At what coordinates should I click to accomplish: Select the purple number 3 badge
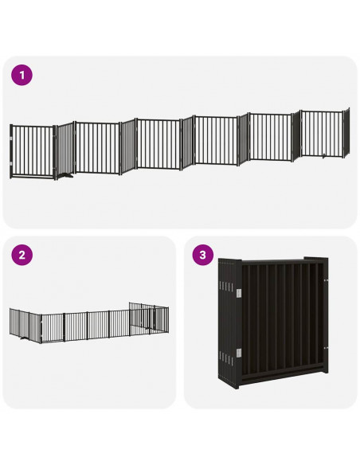tap(204, 256)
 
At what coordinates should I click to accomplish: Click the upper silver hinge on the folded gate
tap(238, 295)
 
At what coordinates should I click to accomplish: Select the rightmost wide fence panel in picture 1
tap(323, 133)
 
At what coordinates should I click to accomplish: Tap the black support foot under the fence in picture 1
tap(66, 176)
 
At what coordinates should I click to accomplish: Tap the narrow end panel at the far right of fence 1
tap(346, 131)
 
